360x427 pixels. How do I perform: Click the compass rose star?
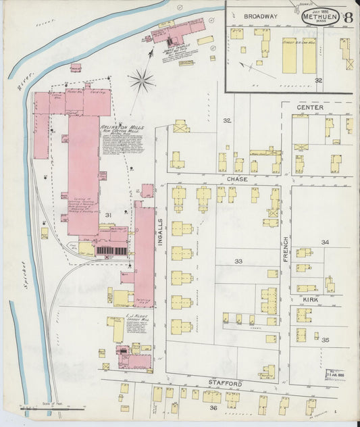(141, 80)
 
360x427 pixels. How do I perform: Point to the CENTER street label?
(309, 107)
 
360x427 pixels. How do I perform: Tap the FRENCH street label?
(286, 249)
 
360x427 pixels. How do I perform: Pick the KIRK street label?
(311, 297)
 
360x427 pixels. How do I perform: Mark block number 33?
(238, 260)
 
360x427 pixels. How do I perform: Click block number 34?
(325, 241)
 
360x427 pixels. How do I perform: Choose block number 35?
(325, 339)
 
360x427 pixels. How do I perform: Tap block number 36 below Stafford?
(213, 407)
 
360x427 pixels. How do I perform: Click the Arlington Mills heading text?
(118, 127)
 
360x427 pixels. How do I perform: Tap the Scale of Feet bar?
(51, 407)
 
